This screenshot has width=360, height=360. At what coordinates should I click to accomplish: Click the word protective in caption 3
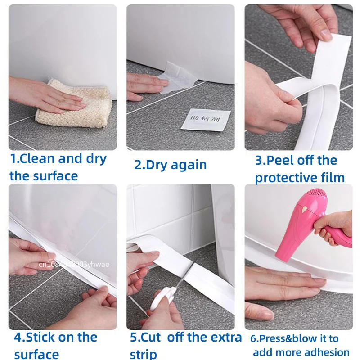tap(290, 178)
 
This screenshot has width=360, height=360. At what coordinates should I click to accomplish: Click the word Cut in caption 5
tap(153, 337)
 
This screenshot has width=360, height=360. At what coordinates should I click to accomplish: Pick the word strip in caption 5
tap(144, 354)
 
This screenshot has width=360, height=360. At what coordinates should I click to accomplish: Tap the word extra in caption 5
tap(225, 337)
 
